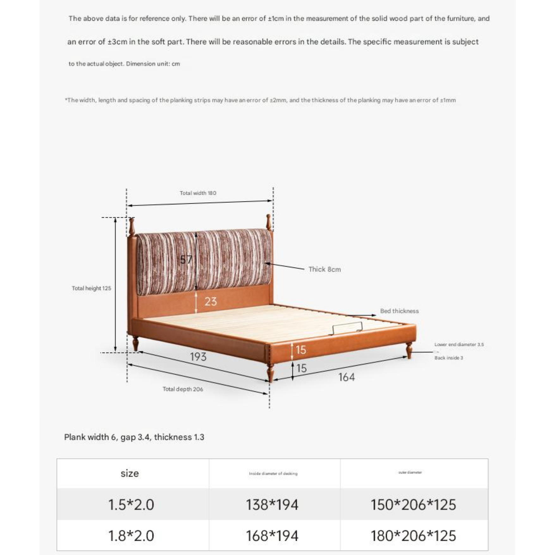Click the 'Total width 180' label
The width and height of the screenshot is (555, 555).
click(x=198, y=193)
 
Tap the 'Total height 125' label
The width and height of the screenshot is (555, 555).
click(x=91, y=288)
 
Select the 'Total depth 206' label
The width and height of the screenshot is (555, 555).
click(x=183, y=389)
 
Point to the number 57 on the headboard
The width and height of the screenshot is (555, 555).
click(x=186, y=260)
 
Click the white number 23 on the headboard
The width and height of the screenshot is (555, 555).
click(x=211, y=301)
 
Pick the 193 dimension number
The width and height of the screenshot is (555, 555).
click(x=198, y=357)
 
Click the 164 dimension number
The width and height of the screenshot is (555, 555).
click(x=346, y=377)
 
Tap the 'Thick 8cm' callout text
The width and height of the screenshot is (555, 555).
click(x=324, y=269)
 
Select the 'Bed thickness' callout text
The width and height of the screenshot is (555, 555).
click(x=399, y=311)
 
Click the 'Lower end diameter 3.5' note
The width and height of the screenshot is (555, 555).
click(x=459, y=344)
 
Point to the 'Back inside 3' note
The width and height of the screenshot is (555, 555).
click(x=448, y=358)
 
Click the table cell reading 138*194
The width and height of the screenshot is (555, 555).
click(x=272, y=504)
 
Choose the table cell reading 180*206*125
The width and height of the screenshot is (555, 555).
click(x=413, y=536)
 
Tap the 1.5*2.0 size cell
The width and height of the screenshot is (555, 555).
click(x=131, y=504)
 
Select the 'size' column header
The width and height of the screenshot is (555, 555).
click(x=130, y=473)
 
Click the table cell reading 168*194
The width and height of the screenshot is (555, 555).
click(x=272, y=536)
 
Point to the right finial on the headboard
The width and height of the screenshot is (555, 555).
click(x=268, y=222)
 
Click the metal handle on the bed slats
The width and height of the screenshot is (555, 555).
click(x=347, y=328)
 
